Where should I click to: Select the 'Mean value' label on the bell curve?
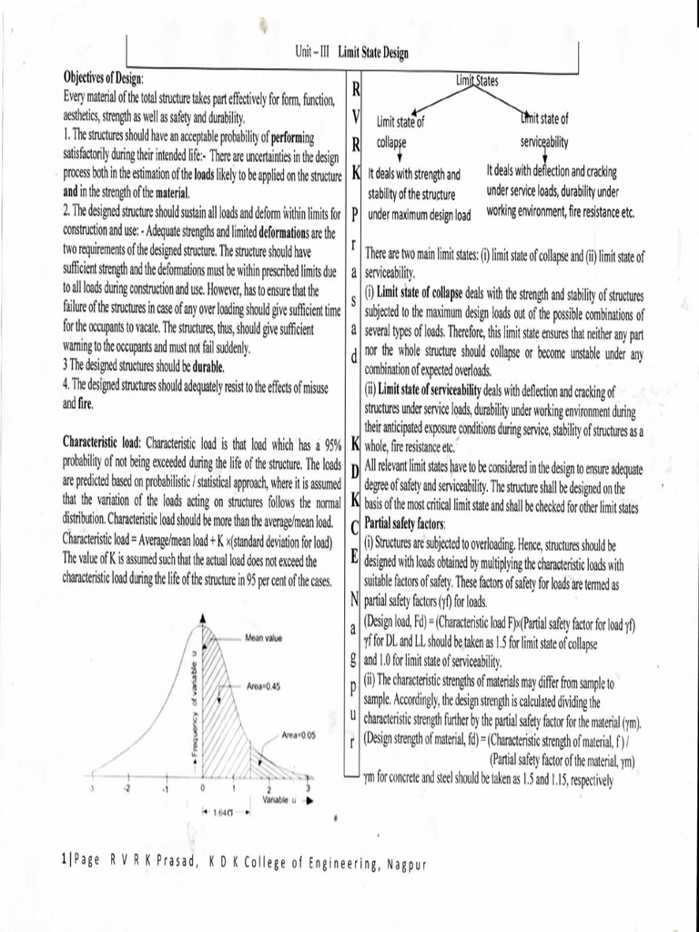pos(263,637)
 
